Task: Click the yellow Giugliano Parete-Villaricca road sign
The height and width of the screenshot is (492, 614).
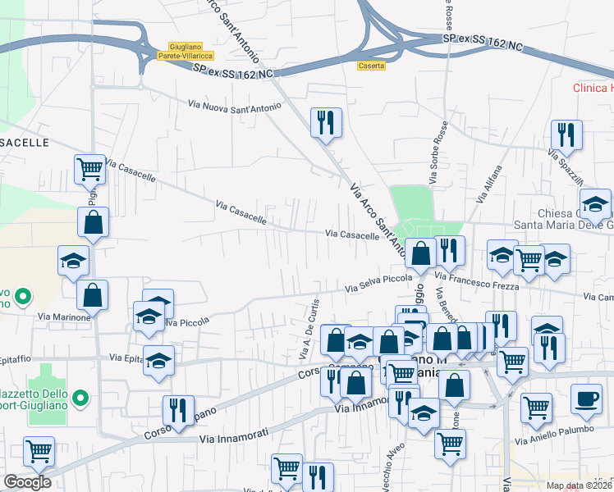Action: (x=190, y=51)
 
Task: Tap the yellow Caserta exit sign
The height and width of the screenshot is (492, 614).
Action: (x=372, y=66)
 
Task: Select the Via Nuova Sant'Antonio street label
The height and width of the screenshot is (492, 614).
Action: (x=235, y=106)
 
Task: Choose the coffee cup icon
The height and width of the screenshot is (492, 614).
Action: (x=585, y=398)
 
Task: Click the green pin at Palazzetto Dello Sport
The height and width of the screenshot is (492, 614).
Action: (x=80, y=399)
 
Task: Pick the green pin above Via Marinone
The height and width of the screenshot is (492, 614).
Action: (x=25, y=295)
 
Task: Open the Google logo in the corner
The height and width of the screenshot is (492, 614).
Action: (x=27, y=481)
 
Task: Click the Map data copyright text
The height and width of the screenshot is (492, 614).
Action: (x=580, y=485)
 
